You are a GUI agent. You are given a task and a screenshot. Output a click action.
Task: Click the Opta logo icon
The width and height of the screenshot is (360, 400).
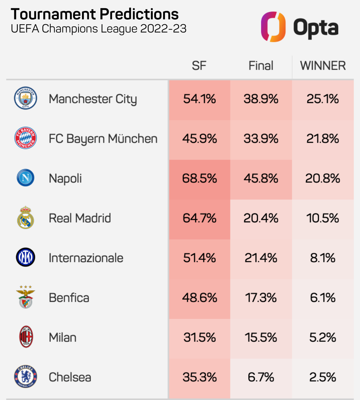[273, 27]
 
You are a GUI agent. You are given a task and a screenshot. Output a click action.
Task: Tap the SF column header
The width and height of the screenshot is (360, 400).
[199, 66]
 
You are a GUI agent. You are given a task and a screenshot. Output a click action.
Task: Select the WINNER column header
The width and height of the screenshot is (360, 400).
[323, 66]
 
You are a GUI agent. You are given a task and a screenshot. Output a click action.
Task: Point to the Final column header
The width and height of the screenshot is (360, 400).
[261, 66]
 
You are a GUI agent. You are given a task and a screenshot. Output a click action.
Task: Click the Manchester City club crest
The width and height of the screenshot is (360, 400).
[25, 98]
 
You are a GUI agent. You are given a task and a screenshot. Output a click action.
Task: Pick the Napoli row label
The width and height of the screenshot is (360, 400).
[65, 178]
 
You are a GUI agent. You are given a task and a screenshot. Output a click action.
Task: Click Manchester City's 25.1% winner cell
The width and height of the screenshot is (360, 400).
[323, 99]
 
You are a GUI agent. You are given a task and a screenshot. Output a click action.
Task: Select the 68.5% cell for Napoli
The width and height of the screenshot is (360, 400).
[199, 178]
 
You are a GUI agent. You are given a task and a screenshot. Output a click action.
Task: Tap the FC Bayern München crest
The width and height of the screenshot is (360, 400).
[25, 138]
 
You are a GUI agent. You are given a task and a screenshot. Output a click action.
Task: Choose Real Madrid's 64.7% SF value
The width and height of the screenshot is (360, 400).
[199, 218]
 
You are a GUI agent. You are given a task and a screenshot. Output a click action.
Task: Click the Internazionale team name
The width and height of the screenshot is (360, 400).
[86, 258]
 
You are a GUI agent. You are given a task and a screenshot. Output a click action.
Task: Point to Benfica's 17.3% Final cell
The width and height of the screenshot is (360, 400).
[261, 298]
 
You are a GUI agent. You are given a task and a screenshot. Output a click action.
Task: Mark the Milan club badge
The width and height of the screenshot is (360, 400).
[26, 337]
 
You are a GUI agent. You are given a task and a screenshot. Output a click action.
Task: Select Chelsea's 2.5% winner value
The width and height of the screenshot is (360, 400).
[323, 377]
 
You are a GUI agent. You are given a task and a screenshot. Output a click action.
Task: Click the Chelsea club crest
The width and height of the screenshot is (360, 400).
[25, 376]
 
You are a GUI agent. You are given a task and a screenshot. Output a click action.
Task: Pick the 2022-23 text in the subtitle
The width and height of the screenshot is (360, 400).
[163, 29]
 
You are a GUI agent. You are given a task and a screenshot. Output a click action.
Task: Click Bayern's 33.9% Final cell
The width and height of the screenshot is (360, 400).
[261, 139]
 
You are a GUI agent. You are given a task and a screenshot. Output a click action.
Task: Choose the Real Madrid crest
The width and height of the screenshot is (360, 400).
[25, 218]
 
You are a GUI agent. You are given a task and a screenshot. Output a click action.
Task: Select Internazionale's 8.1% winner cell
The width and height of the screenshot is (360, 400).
[323, 258]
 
